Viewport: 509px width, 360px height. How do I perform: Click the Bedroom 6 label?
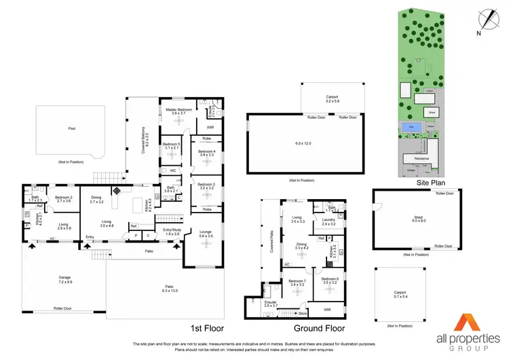click(x=330, y=281)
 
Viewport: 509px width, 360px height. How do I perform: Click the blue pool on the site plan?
click(x=410, y=126)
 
